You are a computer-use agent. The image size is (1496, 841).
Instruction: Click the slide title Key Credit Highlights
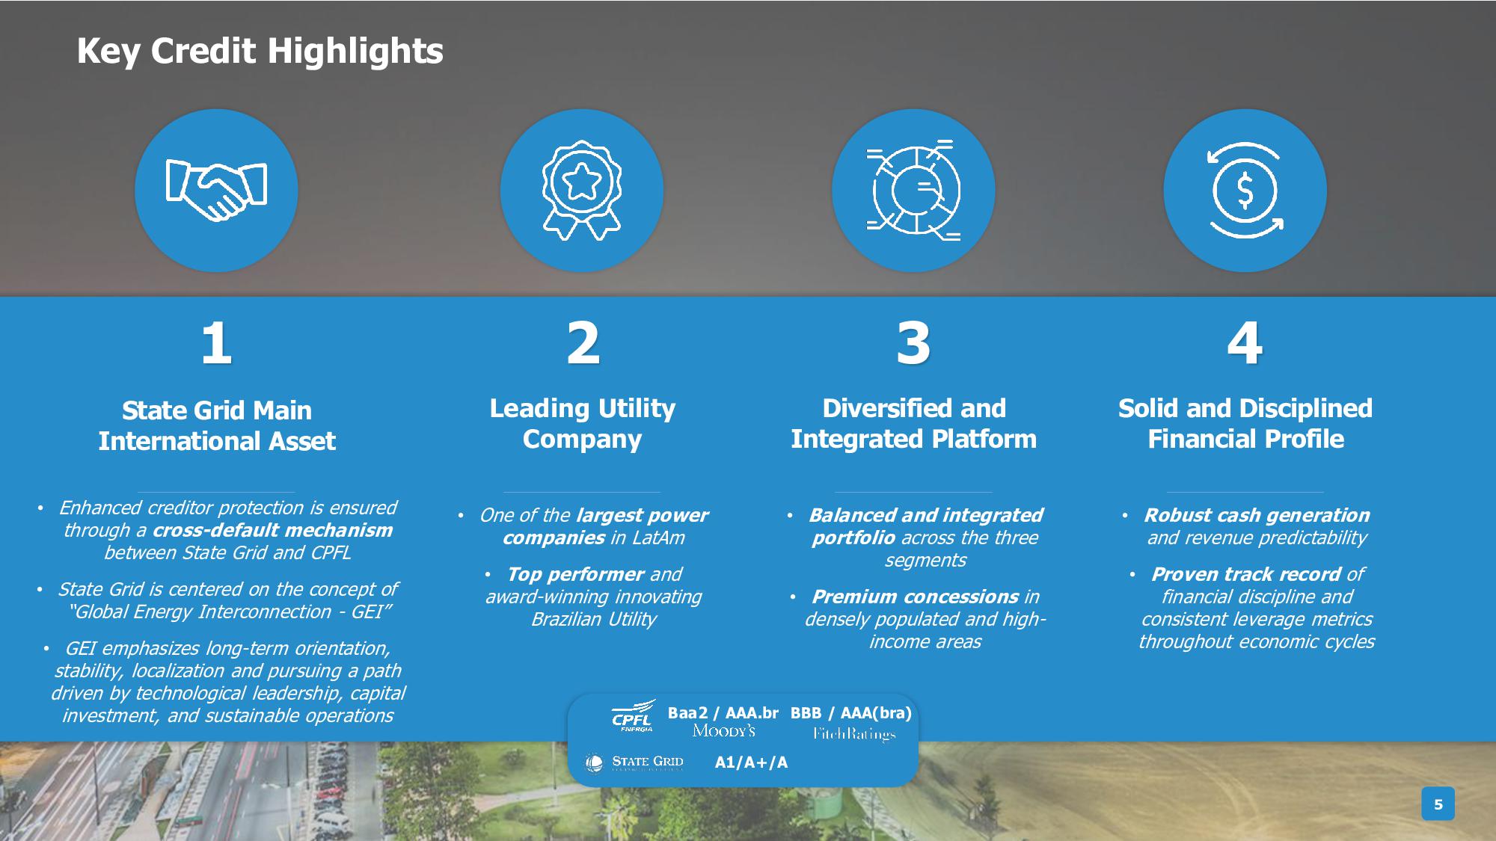coord(260,52)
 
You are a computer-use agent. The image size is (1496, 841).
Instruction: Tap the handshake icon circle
coord(216,191)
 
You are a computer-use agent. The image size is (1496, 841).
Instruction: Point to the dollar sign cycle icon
coord(1245,191)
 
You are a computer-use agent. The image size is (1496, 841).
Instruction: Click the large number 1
coord(216,343)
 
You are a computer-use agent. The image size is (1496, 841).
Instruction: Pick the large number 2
coord(583,343)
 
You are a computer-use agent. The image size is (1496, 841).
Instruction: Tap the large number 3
coord(913,343)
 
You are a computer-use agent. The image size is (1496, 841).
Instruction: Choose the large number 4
coord(1245,343)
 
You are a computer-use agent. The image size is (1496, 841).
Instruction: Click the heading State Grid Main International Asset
coord(217,425)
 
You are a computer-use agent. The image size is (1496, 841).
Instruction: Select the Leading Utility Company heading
coord(582,423)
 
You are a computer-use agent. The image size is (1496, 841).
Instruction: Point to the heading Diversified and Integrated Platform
coord(913,423)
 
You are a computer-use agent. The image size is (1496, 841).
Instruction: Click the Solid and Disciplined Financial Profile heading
coord(1245,423)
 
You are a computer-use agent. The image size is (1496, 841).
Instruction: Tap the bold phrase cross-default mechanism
coord(272,530)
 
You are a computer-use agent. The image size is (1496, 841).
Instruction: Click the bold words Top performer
coord(574,574)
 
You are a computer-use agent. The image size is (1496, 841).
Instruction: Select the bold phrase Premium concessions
coord(915,597)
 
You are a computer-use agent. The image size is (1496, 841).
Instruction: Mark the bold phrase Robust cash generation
coord(1257,515)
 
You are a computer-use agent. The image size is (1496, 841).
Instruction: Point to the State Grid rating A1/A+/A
coord(751,763)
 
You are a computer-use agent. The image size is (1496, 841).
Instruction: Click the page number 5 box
coord(1438,804)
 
